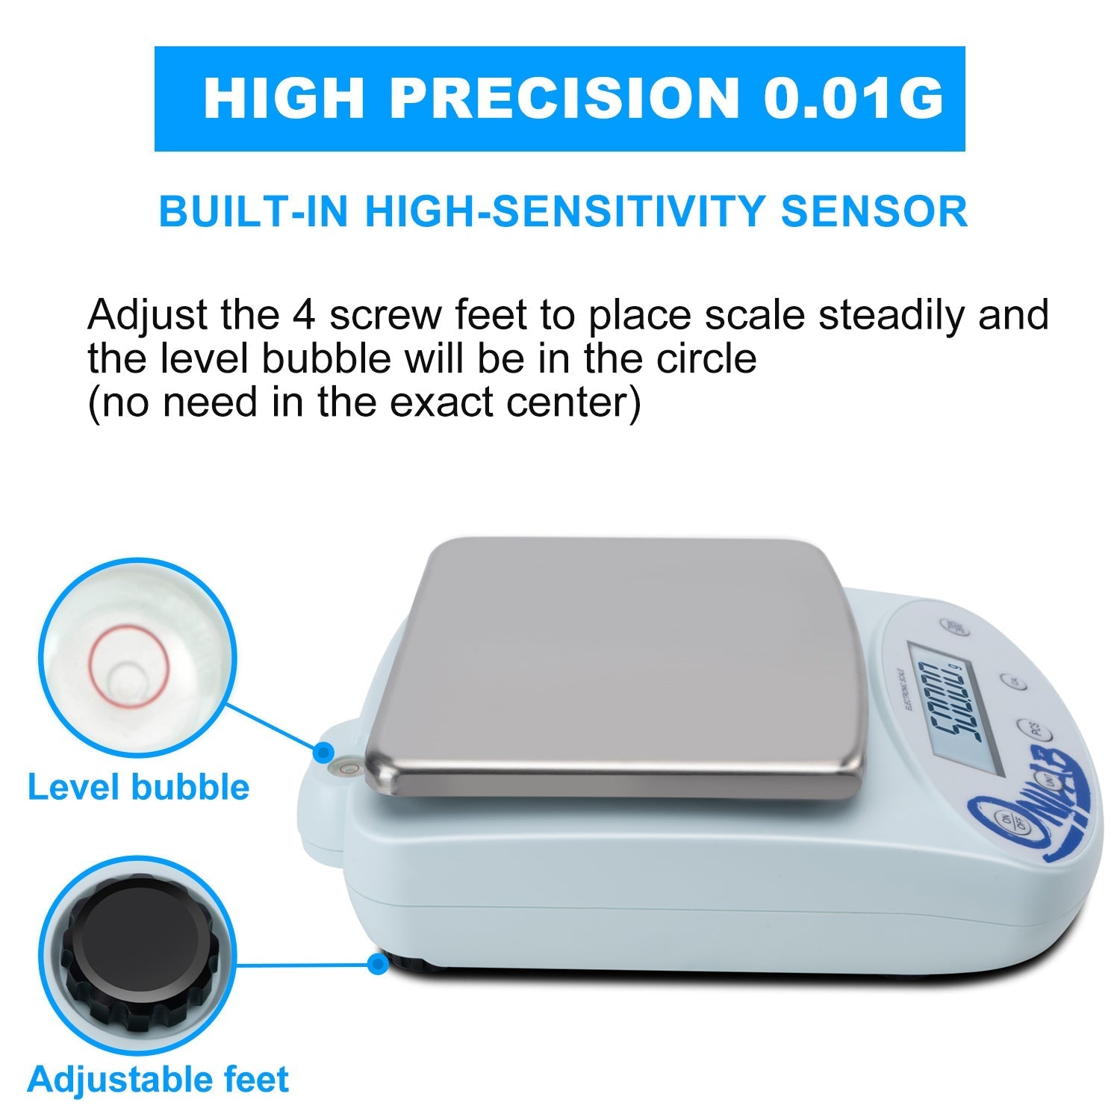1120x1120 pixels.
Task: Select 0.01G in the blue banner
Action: pyautogui.click(x=853, y=99)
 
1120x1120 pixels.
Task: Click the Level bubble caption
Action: pyautogui.click(x=138, y=788)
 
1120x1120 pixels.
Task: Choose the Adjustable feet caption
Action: pyautogui.click(x=158, y=1080)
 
